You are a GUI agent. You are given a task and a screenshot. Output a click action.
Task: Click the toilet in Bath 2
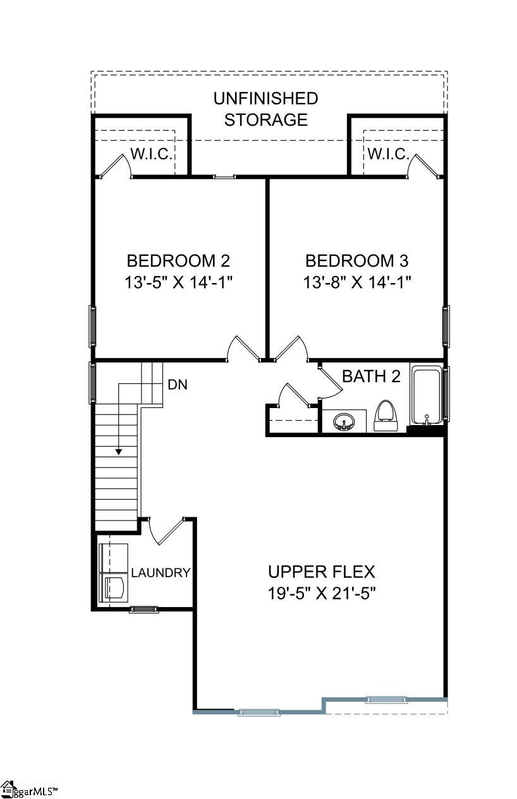click(x=385, y=415)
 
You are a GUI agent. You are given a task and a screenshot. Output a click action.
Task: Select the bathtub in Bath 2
click(x=426, y=397)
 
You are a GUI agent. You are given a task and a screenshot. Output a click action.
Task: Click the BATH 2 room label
click(x=371, y=376)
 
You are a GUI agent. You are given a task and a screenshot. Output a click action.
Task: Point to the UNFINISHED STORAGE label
click(x=265, y=109)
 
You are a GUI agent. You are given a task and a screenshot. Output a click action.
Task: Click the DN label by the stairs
click(x=178, y=384)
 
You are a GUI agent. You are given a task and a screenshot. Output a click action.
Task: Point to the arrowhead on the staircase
click(x=118, y=452)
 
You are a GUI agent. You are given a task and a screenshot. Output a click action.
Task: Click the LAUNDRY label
click(x=161, y=573)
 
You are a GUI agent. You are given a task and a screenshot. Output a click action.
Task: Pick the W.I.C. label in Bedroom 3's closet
click(x=387, y=154)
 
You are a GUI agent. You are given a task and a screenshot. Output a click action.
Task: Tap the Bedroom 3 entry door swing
click(x=290, y=348)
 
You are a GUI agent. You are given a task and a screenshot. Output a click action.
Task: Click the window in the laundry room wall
click(x=144, y=610)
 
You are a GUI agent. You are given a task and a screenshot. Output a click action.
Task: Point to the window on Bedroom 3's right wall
click(x=446, y=326)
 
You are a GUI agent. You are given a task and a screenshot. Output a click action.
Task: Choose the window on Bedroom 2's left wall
click(x=93, y=326)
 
